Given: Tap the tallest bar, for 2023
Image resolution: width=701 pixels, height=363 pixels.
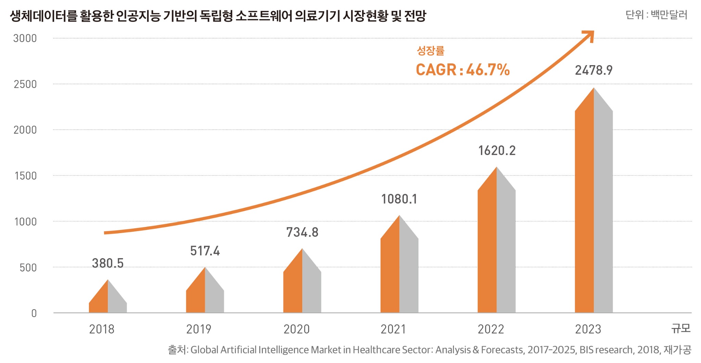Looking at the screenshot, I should click(594, 206).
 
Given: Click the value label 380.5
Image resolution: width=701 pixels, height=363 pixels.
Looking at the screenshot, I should click(107, 263).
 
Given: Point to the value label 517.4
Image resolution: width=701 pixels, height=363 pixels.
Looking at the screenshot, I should click(205, 251).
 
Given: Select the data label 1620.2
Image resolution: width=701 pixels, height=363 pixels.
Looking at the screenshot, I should click(496, 150).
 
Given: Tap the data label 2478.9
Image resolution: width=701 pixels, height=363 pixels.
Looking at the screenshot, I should click(594, 70).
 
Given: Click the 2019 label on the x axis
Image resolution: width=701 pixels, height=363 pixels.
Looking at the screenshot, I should click(199, 329).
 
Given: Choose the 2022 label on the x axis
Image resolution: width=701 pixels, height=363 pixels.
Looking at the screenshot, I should click(490, 329).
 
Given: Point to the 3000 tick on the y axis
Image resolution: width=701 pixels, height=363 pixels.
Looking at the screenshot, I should click(25, 38).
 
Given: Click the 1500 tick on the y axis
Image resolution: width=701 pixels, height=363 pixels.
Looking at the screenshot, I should click(25, 176).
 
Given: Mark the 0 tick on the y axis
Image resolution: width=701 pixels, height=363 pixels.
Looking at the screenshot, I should click(34, 313).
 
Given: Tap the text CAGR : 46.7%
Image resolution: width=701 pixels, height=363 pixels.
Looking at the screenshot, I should click(462, 70).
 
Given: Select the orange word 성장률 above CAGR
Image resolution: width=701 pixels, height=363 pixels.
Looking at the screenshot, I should click(430, 51).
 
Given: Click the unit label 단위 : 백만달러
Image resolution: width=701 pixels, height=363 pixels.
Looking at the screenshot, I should click(656, 15).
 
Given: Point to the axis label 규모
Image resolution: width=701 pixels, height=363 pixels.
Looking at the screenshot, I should click(680, 328).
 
